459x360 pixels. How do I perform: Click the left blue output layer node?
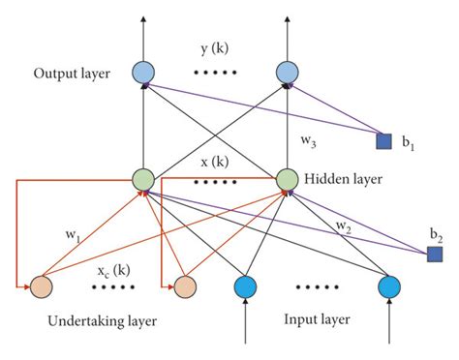(x=143, y=73)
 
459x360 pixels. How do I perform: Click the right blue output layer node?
(x=288, y=73)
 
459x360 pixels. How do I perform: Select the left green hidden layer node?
(x=143, y=179)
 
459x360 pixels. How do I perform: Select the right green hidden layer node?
(x=288, y=179)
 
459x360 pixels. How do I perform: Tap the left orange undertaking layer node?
(x=41, y=287)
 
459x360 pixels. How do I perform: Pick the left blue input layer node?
(x=246, y=286)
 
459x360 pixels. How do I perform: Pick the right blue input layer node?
(x=390, y=286)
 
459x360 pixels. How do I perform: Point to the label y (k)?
(x=216, y=48)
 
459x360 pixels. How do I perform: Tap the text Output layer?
(x=72, y=75)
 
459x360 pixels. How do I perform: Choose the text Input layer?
(x=316, y=318)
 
